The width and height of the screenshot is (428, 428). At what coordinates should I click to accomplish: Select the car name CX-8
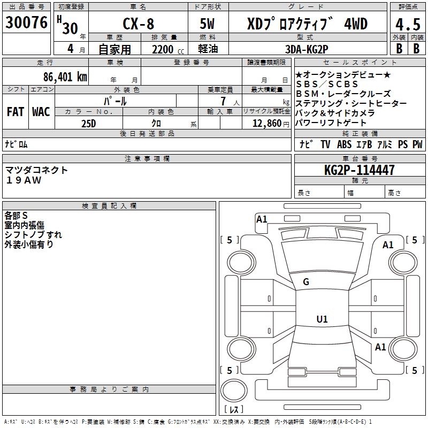pos(137,24)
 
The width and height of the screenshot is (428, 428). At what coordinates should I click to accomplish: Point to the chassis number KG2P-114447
pos(360,171)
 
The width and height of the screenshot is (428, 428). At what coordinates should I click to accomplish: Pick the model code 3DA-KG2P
pos(307,49)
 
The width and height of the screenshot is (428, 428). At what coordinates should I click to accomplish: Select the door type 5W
pos(208,24)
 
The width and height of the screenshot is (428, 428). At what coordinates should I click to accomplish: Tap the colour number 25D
pos(88,123)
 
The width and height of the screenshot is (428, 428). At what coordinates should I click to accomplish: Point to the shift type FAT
pos(16,112)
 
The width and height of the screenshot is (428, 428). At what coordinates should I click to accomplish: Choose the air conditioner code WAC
pos(41,112)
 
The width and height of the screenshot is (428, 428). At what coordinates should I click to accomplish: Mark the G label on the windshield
pos(306,282)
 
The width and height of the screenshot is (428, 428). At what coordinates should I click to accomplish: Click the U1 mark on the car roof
pos(322,319)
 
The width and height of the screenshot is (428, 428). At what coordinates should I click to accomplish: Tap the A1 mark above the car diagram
pos(262,219)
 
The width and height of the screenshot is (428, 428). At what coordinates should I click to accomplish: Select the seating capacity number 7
pos(221,101)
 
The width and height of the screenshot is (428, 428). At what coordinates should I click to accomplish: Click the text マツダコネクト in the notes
pos(37,170)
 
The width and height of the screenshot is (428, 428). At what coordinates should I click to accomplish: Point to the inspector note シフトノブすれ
pos(33,234)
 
